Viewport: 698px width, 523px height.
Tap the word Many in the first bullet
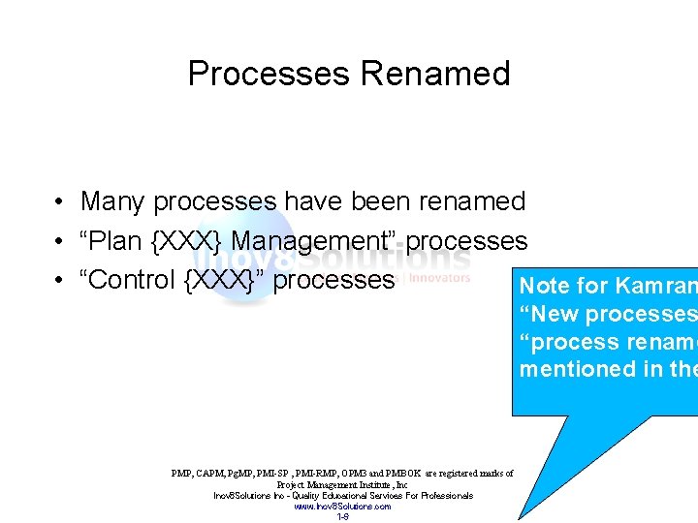coord(113,201)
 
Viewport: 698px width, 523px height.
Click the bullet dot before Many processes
coord(60,202)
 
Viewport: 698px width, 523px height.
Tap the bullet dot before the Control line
coord(60,281)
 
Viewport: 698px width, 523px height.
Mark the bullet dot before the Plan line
coord(60,242)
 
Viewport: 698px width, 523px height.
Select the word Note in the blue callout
coord(544,287)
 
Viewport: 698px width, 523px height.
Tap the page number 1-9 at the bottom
coord(342,516)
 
